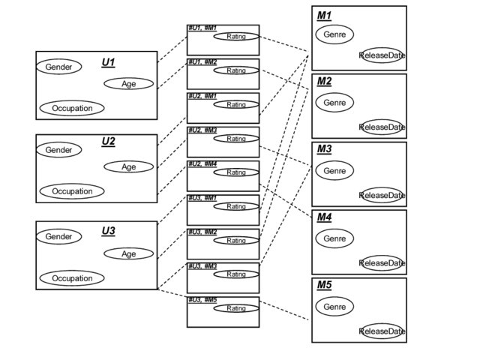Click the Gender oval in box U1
coord(58,67)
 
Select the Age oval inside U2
coord(128,166)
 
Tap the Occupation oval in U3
coord(72,278)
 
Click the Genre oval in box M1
coord(334,34)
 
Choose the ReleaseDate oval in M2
coord(382,127)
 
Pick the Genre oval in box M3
coord(334,171)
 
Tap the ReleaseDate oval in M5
coord(382,331)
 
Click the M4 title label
coord(324,217)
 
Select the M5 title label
coord(324,285)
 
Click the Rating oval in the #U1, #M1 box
coord(236,36)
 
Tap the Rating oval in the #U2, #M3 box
coord(236,139)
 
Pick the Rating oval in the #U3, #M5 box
coord(236,308)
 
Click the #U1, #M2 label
coord(202,61)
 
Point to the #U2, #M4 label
coord(202,163)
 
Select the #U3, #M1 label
coord(202,197)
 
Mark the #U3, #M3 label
coord(202,265)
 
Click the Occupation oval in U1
coord(72,108)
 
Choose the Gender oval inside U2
coord(58,150)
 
